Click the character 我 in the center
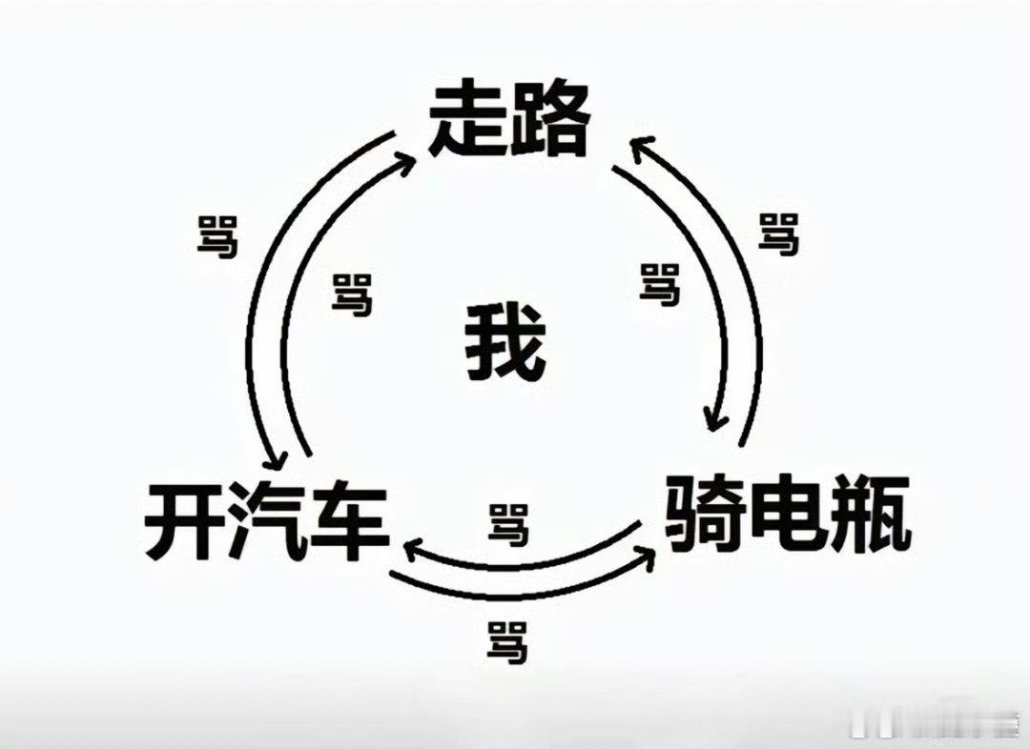[x=505, y=343]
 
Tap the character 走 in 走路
[x=467, y=121]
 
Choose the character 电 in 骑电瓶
[x=787, y=515]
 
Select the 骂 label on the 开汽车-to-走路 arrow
[x=352, y=294]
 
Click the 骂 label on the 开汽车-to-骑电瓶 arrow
[x=506, y=641]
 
